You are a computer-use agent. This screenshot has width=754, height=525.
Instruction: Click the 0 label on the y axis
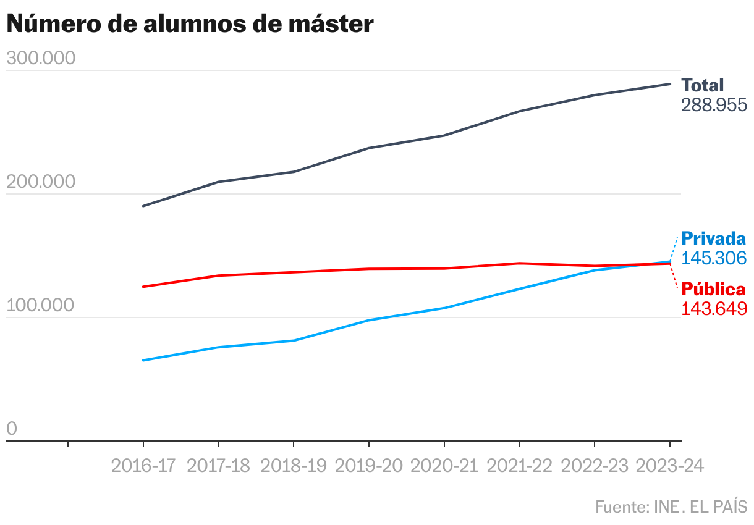[x=12, y=429]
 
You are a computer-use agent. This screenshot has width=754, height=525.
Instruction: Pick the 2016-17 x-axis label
[x=143, y=466]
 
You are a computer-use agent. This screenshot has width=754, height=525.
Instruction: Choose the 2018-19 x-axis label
[x=294, y=466]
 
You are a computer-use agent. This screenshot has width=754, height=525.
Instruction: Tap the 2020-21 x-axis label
[x=444, y=466]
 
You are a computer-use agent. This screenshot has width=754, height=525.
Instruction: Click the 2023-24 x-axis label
[x=670, y=466]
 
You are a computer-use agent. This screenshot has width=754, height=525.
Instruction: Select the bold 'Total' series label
[x=702, y=86]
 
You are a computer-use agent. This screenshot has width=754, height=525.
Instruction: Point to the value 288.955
[x=714, y=105]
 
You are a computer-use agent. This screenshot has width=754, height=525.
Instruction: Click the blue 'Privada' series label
[x=713, y=239]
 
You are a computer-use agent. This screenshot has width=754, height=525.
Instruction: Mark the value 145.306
[x=714, y=258]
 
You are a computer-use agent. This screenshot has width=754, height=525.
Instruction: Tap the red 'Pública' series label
[x=713, y=290]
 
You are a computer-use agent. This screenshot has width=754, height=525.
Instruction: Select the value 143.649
[x=714, y=308]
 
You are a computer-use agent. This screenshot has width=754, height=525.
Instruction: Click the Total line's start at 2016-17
[x=143, y=206]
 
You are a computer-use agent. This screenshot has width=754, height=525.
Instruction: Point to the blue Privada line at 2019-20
[x=369, y=320]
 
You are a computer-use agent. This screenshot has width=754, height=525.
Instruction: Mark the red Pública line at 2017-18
[x=218, y=275]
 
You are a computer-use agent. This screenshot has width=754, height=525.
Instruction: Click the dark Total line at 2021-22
[x=519, y=111]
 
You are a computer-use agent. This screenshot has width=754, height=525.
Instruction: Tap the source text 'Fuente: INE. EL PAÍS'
[x=671, y=507]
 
